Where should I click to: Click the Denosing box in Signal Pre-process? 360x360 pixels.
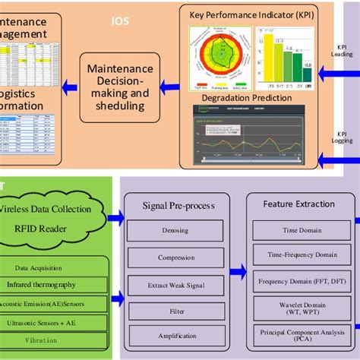point(175,230)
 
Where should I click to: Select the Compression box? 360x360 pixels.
point(175,257)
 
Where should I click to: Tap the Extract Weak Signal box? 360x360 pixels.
point(175,285)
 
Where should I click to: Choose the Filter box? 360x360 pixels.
point(175,311)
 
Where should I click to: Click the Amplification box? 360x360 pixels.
point(175,336)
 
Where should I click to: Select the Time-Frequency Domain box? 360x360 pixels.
point(298,254)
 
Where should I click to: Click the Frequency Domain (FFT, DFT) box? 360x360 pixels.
point(298,281)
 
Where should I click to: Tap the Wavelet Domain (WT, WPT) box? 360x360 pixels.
point(298,308)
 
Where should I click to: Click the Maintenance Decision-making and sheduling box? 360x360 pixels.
point(120,87)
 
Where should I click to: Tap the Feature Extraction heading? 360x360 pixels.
point(298,204)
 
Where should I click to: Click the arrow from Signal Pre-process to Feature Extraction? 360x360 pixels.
point(237,271)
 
